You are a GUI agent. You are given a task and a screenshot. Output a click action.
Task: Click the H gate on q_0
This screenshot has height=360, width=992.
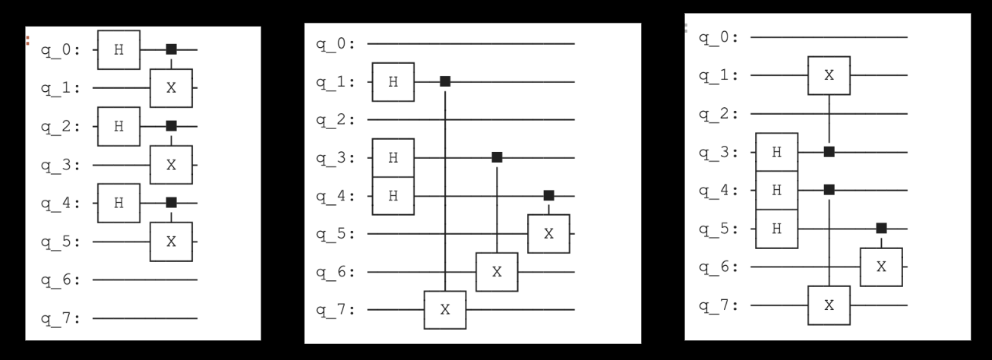coord(118,50)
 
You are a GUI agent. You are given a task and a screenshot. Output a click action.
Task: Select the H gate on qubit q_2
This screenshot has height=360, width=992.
coord(118,126)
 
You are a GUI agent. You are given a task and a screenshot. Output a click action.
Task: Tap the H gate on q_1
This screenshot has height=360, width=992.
coord(393,82)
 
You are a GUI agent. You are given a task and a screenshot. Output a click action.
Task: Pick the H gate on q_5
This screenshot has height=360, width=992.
coord(776,229)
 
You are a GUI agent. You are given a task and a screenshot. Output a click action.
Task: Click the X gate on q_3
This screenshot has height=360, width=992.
coord(171,165)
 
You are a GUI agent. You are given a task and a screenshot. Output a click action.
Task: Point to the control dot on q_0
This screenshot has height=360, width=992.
coord(171,49)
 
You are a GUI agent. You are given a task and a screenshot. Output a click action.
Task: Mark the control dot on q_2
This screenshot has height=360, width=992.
coord(171,125)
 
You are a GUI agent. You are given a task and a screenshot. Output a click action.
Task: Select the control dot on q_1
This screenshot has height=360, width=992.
coord(445,81)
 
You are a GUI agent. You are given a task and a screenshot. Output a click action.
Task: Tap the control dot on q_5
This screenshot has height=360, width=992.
coord(881,228)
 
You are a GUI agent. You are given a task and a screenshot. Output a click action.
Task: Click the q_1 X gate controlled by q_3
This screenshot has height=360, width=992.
coord(829,75)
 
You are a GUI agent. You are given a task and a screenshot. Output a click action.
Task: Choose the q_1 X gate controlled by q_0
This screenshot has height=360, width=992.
coord(171,88)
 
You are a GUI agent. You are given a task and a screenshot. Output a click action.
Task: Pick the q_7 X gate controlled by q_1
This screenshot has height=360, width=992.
coord(445,310)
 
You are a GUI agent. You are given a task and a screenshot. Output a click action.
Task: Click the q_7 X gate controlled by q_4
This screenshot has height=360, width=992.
coord(829,305)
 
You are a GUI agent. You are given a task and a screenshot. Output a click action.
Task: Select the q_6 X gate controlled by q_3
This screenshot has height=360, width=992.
coord(497,272)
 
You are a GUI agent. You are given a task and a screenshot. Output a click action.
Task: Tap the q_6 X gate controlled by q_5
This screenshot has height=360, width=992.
coord(881,267)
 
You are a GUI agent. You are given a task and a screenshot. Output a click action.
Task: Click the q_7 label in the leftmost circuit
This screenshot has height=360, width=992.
coord(65,318)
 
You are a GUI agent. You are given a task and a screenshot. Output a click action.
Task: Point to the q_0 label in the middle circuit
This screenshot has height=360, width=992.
coord(336,43)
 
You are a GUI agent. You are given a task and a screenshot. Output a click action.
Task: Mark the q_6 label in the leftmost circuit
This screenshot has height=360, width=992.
coord(65,279)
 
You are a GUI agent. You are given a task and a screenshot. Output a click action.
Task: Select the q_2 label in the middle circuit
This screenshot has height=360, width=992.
coord(336,119)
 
